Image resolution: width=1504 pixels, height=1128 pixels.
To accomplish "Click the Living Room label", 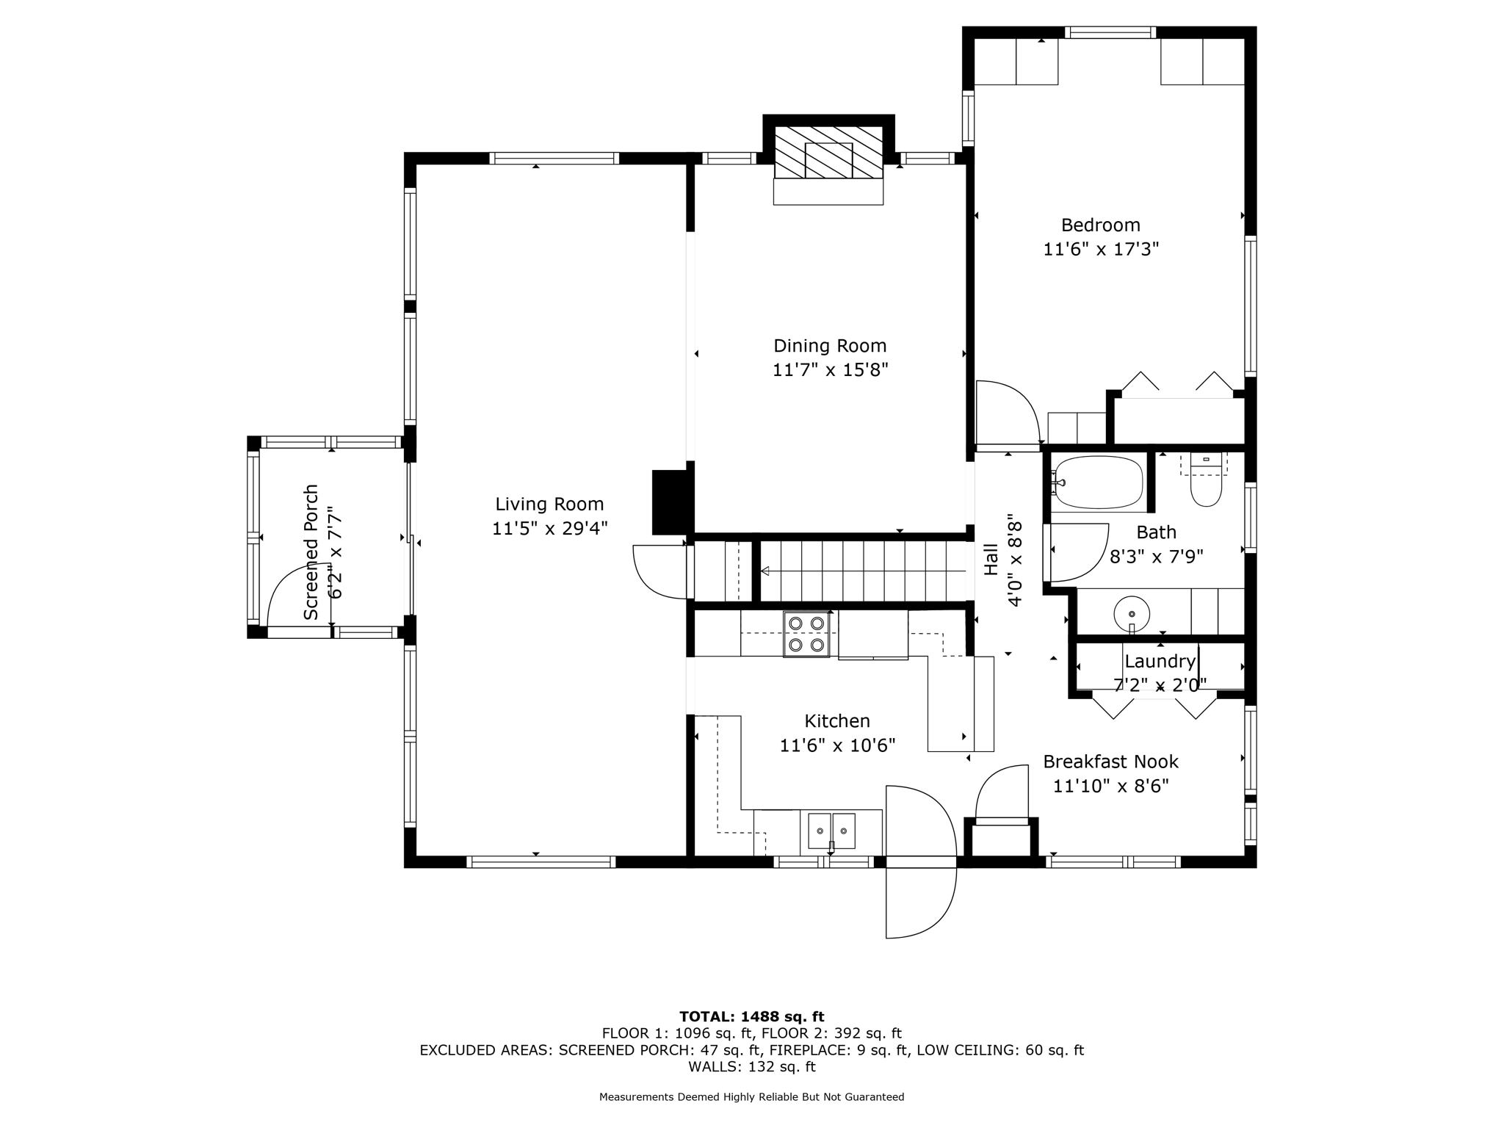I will tap(549, 505).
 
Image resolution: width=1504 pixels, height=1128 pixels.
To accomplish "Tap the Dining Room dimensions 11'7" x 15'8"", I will tap(830, 369).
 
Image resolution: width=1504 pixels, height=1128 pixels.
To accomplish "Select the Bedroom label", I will tap(1100, 225).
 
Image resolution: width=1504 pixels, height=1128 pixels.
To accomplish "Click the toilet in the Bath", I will tap(1205, 482).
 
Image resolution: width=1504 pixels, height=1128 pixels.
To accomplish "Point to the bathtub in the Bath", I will tap(1098, 482).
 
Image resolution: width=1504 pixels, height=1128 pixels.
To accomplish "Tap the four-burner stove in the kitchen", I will tap(806, 634).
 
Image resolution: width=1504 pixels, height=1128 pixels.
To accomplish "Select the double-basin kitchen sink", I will tap(832, 831).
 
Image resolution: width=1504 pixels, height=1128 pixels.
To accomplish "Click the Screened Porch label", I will tap(311, 552).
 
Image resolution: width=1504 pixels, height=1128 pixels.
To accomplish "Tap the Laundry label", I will tap(1160, 661).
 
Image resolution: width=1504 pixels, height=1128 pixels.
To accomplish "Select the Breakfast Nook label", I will tap(1110, 762).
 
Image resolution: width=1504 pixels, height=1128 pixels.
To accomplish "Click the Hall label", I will tap(991, 559).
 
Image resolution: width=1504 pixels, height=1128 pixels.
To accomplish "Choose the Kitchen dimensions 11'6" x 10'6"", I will tap(837, 745).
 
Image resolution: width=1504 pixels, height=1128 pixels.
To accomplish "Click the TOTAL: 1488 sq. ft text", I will tap(751, 1016).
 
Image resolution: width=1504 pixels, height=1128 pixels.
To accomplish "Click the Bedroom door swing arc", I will tap(1008, 413).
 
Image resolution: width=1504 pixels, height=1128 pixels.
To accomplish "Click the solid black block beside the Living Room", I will tap(672, 502).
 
